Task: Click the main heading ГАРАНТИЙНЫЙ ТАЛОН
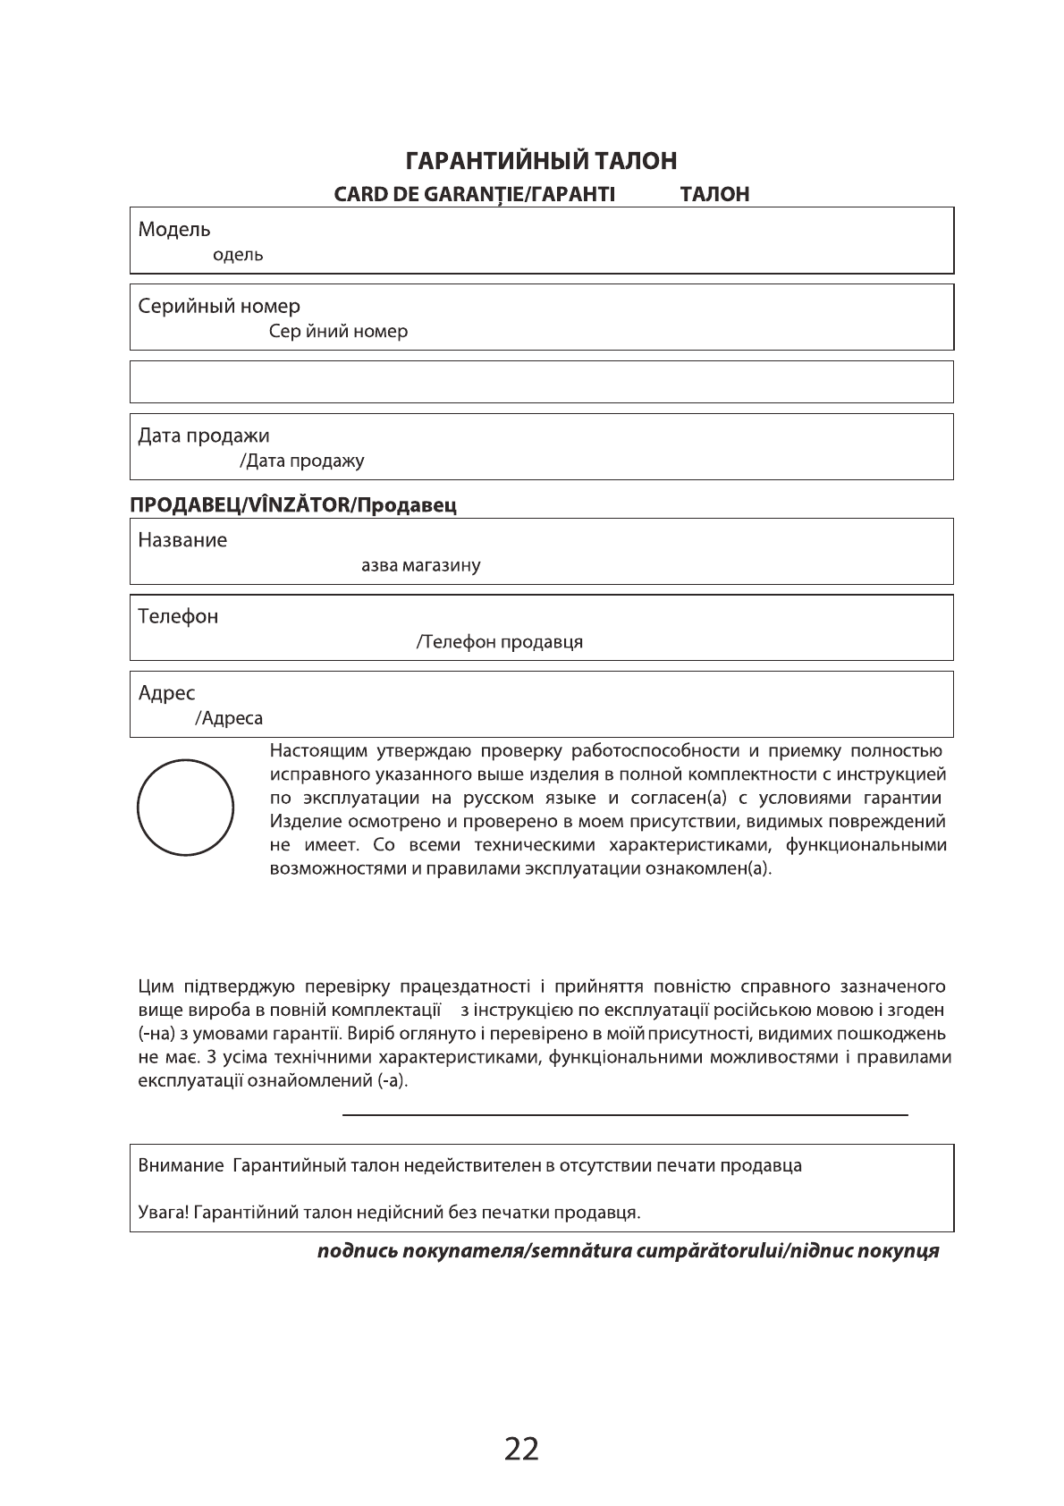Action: [541, 161]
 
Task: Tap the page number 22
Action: [522, 1449]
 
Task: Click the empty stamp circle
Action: [185, 808]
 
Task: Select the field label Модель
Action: [174, 230]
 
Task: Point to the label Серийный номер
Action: [219, 307]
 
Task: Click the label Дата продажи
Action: [204, 436]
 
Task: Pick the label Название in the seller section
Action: [182, 540]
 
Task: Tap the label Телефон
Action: [178, 617]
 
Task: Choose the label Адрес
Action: [166, 694]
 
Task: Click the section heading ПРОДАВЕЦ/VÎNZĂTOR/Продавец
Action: [293, 505]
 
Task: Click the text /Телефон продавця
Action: [500, 642]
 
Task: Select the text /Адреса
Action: [229, 719]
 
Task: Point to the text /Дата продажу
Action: [302, 462]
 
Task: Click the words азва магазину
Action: [420, 566]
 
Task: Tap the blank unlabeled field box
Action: [541, 382]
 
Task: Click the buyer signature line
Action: [625, 1114]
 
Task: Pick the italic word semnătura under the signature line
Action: [572, 1251]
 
